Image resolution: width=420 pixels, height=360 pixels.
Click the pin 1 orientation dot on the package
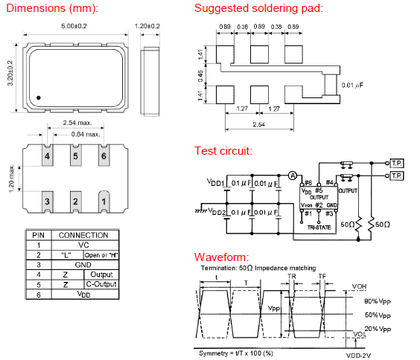click(x=39, y=98)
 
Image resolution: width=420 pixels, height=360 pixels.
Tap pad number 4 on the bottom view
click(x=48, y=155)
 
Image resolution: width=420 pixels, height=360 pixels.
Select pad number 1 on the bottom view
click(x=104, y=202)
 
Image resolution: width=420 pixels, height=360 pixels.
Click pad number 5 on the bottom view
click(x=75, y=155)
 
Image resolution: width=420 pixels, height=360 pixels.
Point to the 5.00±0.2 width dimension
click(x=74, y=26)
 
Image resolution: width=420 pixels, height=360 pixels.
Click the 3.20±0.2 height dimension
click(x=10, y=73)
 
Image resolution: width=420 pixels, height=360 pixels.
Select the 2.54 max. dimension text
click(x=77, y=123)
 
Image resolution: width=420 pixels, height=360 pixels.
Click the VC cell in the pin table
click(x=83, y=245)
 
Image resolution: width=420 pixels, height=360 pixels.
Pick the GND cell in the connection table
click(x=83, y=265)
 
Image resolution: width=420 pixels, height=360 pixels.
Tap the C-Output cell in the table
click(x=101, y=284)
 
